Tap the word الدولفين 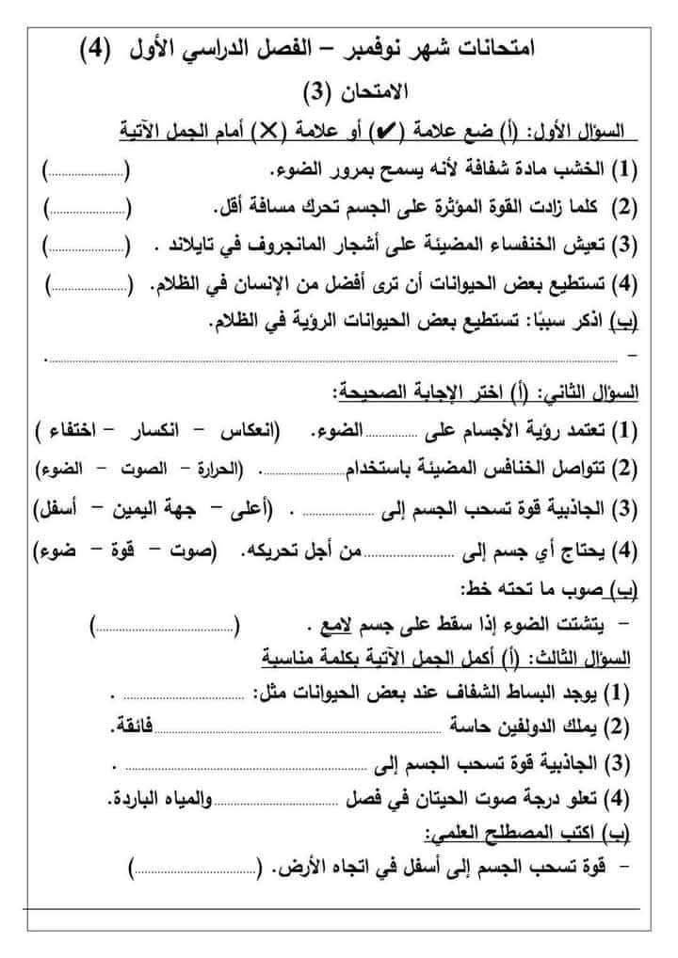tap(531, 726)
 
